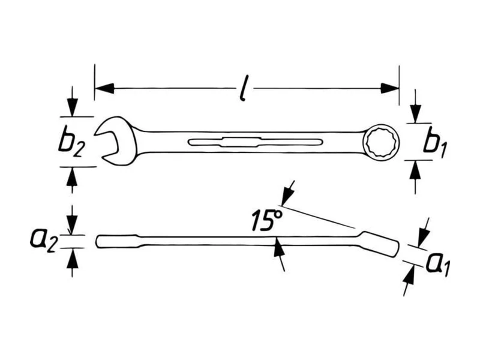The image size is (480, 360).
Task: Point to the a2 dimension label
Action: [x=43, y=240]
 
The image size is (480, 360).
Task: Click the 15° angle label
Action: [x=266, y=220]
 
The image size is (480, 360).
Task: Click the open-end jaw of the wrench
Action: [x=114, y=141]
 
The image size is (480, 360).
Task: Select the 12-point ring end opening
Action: [x=382, y=142]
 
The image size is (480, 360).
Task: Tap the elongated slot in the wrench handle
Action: [x=256, y=142]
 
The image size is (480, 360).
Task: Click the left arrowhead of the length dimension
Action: [x=104, y=88]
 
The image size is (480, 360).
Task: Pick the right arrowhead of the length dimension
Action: [x=389, y=88]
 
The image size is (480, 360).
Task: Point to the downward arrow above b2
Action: [x=72, y=101]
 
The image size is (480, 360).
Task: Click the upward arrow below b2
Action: [x=72, y=181]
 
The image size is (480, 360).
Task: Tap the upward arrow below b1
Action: [x=415, y=177]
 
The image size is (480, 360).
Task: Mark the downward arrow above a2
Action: [x=72, y=220]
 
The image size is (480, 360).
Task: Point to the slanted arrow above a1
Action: [x=424, y=232]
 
